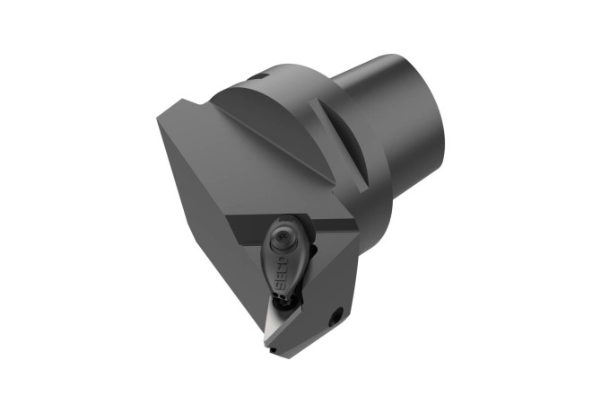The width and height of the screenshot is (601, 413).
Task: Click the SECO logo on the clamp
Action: click(x=282, y=273)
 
